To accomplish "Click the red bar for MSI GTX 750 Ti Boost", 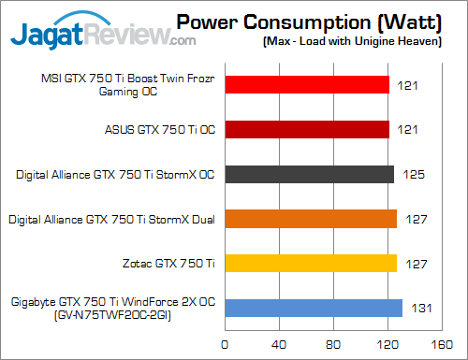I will pyautogui.click(x=306, y=85).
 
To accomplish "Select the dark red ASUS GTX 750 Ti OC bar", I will pyautogui.click(x=306, y=129).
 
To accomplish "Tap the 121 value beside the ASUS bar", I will pyautogui.click(x=408, y=129).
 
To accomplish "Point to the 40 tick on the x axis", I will pyautogui.click(x=279, y=343).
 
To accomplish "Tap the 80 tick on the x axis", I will pyautogui.click(x=334, y=343).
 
